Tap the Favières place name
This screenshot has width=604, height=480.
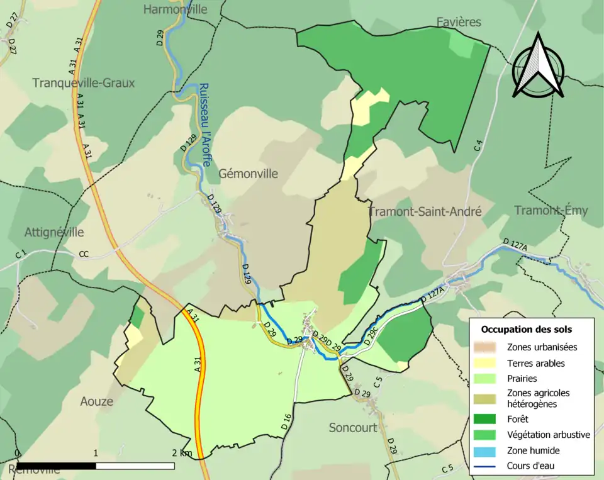tap(459, 23)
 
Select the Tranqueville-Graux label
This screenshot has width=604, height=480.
tap(83, 83)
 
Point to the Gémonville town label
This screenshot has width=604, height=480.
tap(248, 174)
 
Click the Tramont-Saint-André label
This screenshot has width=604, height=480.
tap(425, 212)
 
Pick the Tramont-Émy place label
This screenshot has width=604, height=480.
tap(551, 210)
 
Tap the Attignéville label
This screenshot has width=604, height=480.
tap(54, 232)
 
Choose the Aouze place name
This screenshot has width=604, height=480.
tap(96, 401)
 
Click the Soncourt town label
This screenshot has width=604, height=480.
tap(353, 428)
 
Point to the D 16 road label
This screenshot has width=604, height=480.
tap(287, 421)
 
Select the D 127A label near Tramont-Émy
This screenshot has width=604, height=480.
tap(515, 245)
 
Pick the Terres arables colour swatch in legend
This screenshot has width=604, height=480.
tap(489, 363)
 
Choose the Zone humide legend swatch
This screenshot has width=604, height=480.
tap(489, 450)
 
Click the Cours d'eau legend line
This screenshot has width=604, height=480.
tap(489, 466)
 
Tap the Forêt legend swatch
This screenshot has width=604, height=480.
tap(489, 418)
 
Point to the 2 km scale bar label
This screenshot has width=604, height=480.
tap(182, 453)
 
